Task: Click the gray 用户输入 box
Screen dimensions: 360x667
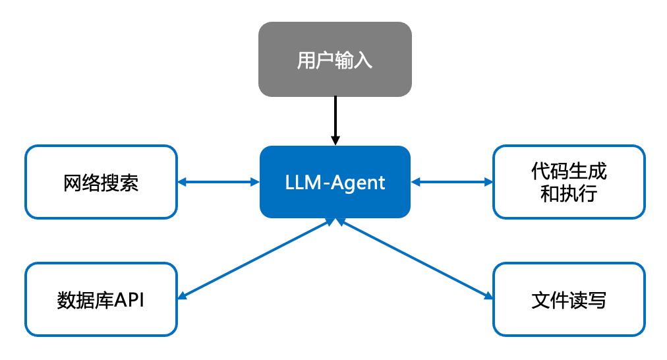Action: coord(335,59)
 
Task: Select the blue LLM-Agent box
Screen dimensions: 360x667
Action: coord(335,182)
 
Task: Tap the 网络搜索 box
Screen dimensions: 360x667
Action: coord(101,182)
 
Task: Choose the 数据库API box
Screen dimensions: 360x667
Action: coord(101,300)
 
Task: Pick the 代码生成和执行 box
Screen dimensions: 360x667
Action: coord(569,182)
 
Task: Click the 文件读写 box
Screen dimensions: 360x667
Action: coord(569,300)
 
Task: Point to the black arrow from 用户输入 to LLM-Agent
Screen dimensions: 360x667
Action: coord(335,119)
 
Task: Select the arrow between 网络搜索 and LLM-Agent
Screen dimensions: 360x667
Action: coord(218,182)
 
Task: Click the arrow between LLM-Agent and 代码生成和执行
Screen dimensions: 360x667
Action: coord(451,182)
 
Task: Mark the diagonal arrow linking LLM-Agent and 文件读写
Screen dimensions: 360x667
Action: coord(415,259)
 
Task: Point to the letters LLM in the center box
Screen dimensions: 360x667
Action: coord(299,183)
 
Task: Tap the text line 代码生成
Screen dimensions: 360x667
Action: coord(569,171)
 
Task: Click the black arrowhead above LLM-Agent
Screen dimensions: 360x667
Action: coord(335,140)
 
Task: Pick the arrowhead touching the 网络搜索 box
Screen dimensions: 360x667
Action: coord(183,182)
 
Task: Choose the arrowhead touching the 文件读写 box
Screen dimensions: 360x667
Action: coord(488,297)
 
